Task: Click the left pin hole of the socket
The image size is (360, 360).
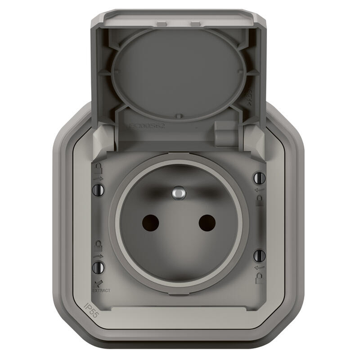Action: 151,223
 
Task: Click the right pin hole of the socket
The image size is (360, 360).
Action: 206,223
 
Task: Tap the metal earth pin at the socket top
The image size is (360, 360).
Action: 178,193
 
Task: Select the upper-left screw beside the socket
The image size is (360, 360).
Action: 99,190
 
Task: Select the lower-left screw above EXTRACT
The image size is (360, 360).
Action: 98,265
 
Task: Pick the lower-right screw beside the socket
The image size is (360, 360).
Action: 260,255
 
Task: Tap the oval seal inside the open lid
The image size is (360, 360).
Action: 179,72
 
